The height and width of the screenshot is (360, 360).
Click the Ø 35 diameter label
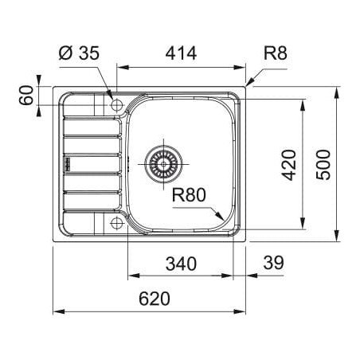(79, 53)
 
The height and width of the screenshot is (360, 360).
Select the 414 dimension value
(181, 53)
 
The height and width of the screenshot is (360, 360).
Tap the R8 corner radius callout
(275, 53)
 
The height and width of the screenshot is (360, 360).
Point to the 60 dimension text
(26, 95)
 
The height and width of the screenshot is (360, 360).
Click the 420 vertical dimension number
(288, 165)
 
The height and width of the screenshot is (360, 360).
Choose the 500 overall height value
(323, 165)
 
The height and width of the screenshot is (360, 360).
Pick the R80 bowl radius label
(189, 194)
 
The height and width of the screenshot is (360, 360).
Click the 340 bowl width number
(181, 264)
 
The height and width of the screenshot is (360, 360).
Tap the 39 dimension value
(274, 263)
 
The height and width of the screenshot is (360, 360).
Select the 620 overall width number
(155, 299)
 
